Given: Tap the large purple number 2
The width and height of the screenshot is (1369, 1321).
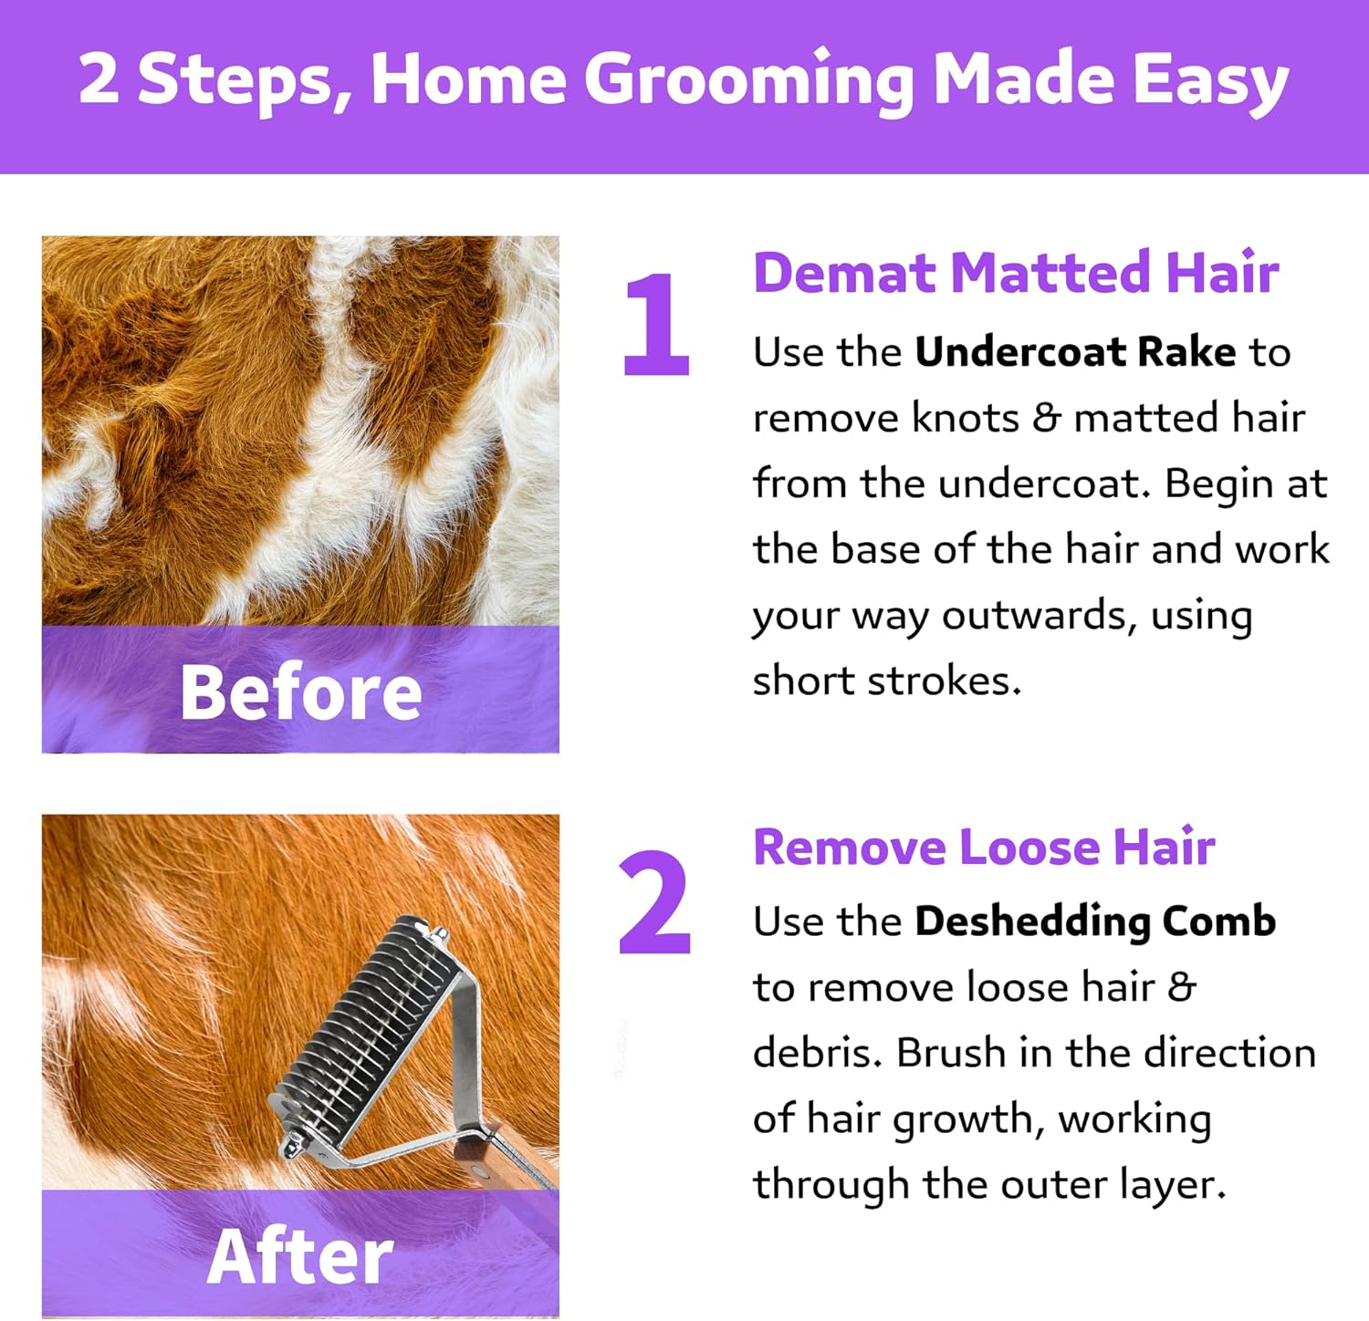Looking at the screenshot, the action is coord(653,902).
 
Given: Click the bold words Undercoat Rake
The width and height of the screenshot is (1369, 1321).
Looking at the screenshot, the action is coord(1075,352).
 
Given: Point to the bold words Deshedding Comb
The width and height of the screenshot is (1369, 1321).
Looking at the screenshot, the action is coord(1095,921).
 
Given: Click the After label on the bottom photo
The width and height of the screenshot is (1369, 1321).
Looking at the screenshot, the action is coord(300,1256).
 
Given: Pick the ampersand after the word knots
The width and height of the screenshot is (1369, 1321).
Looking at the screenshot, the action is coord(1046,418).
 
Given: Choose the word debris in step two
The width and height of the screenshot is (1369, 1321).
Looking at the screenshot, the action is coord(818,1053).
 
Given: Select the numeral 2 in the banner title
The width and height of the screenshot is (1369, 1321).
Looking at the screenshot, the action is coord(99,78).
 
